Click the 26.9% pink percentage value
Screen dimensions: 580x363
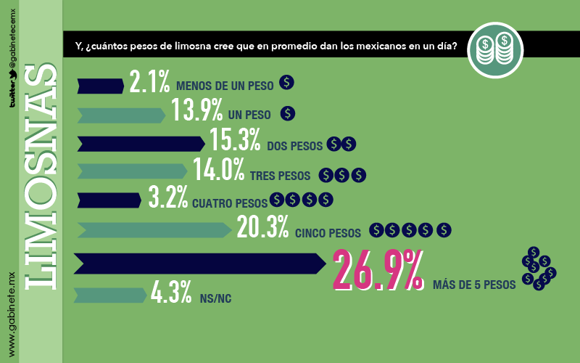378,269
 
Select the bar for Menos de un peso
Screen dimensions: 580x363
101,86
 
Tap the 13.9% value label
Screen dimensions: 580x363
196,110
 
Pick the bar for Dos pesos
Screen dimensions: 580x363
141,144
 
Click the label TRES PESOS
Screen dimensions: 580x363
280,176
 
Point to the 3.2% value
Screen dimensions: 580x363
168,197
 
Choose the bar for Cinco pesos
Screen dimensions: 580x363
154,230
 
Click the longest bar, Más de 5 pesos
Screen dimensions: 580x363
200,264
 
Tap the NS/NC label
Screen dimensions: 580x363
215,298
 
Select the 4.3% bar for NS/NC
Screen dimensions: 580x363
110,295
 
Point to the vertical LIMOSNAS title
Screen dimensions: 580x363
41,176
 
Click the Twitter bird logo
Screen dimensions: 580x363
12,75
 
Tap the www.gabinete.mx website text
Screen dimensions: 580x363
12,315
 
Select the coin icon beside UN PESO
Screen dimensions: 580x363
287,113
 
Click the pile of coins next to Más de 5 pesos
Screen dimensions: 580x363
539,269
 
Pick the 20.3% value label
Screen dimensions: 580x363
262,227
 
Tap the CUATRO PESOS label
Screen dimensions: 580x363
230,203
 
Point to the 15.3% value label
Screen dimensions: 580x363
235,139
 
